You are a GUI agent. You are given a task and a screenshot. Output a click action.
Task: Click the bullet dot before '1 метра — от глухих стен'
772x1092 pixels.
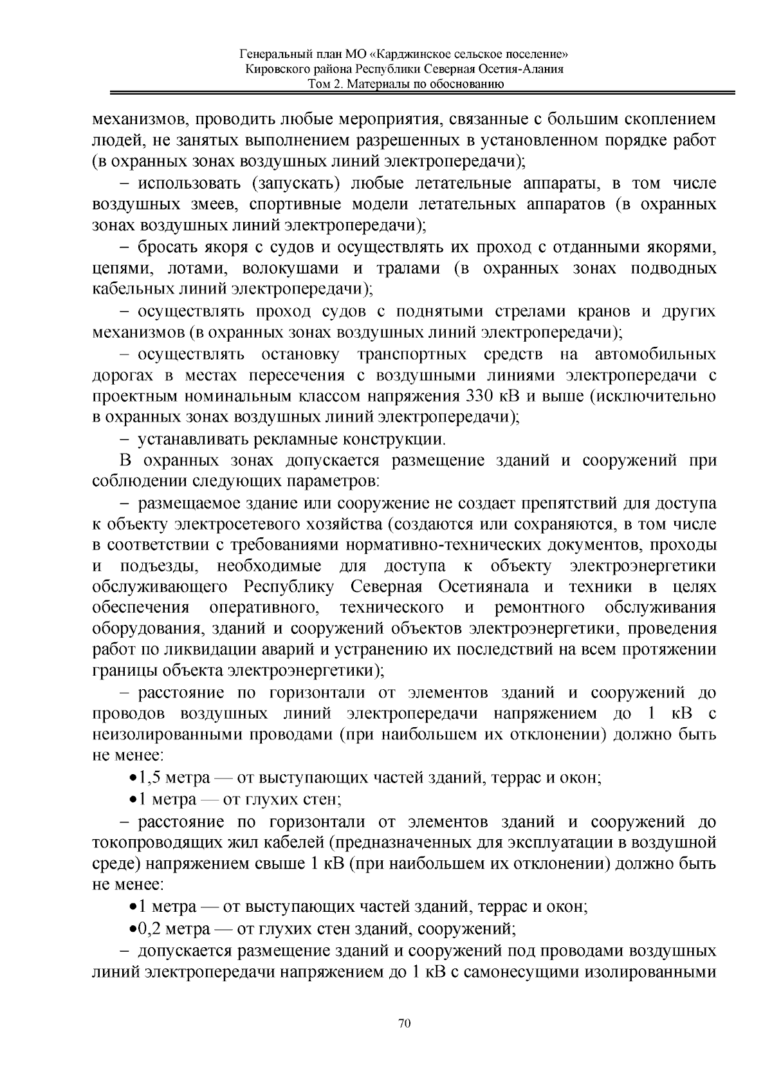tap(133, 800)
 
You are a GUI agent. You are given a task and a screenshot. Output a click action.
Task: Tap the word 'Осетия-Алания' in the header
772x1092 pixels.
tap(531, 69)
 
